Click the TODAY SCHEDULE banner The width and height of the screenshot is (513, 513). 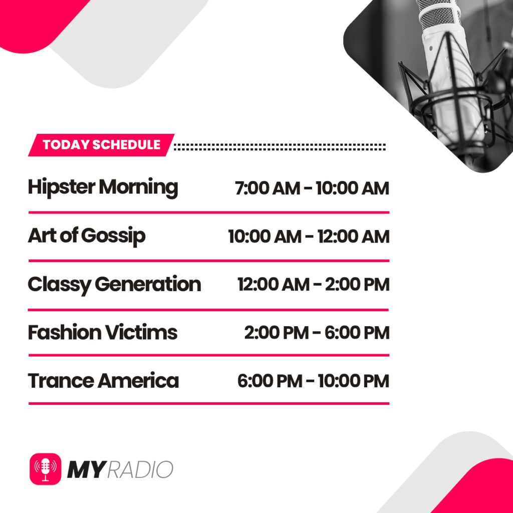[101, 145]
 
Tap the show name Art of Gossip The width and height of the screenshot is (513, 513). [87, 236]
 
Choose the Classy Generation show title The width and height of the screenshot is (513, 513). [114, 285]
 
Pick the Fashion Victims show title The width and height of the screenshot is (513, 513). [103, 333]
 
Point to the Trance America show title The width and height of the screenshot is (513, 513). [103, 381]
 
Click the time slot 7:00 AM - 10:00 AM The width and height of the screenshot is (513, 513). [312, 188]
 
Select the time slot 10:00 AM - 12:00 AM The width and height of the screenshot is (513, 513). [309, 236]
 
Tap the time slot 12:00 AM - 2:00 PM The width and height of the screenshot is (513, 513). [313, 285]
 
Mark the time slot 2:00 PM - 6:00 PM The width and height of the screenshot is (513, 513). [317, 333]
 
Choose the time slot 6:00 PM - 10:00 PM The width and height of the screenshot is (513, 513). [313, 381]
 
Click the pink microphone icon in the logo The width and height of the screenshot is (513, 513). [46, 468]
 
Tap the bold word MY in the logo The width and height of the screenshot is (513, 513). [86, 469]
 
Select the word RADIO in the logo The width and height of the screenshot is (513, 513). [140, 469]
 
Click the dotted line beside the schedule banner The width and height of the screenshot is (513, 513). [280, 147]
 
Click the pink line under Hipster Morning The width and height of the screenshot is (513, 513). [208, 212]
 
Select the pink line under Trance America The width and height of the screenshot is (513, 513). [208, 403]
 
